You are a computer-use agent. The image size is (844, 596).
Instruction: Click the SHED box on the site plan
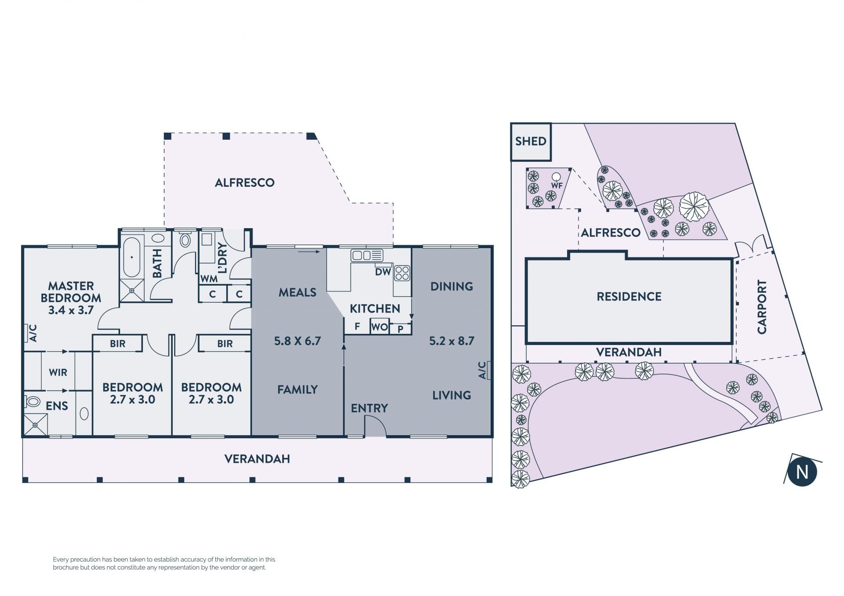point(531,142)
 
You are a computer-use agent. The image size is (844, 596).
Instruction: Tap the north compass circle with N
point(802,472)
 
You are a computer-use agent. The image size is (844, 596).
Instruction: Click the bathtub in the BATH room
point(131,257)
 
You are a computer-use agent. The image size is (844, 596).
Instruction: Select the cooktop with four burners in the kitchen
point(402,273)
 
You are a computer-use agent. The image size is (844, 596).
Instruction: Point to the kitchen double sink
point(367,255)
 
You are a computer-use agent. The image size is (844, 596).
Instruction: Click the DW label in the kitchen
point(383,272)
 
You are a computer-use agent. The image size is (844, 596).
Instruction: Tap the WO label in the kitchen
point(379,327)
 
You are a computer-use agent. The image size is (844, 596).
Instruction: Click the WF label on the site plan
point(557,185)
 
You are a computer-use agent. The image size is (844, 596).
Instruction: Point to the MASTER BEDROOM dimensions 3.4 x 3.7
point(71,310)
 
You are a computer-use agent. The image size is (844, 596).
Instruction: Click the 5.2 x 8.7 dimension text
point(451,341)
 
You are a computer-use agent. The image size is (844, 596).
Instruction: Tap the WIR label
point(58,373)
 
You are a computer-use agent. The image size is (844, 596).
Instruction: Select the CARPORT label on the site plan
point(762,306)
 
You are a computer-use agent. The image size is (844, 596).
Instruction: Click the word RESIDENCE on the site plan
point(629,297)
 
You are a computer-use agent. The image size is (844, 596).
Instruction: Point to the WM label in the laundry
point(209,279)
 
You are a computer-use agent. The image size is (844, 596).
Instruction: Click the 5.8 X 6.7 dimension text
point(298,341)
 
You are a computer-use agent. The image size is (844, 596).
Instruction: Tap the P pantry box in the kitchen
point(400,329)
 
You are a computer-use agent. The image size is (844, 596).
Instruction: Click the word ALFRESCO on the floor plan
point(244,183)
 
